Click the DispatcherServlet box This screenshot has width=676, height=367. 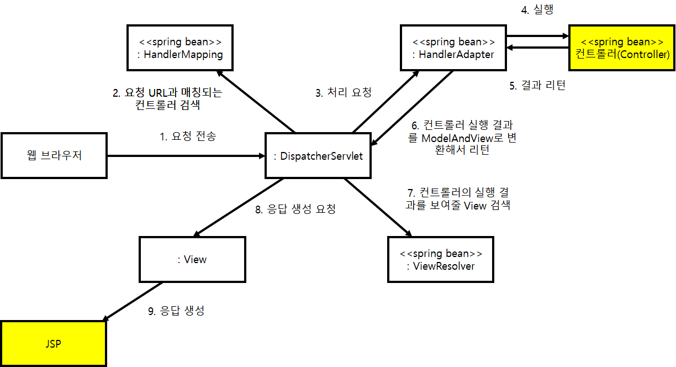pyautogui.click(x=318, y=156)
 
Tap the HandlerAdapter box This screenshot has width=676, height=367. pyautogui.click(x=453, y=48)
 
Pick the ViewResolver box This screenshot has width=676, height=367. pyautogui.click(x=440, y=260)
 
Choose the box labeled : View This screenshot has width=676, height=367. pyautogui.click(x=192, y=259)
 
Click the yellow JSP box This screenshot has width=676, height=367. pyautogui.click(x=53, y=343)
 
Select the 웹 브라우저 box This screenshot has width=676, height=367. pyautogui.click(x=54, y=155)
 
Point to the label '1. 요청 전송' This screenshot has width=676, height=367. pyautogui.click(x=188, y=136)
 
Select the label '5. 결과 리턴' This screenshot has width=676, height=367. pyautogui.click(x=537, y=86)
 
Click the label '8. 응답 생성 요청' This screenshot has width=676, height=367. pyautogui.click(x=294, y=209)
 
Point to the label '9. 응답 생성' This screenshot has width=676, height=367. pyautogui.click(x=176, y=311)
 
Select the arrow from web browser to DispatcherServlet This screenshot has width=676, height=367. pyautogui.click(x=186, y=156)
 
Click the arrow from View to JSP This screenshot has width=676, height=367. pyautogui.click(x=133, y=302)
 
